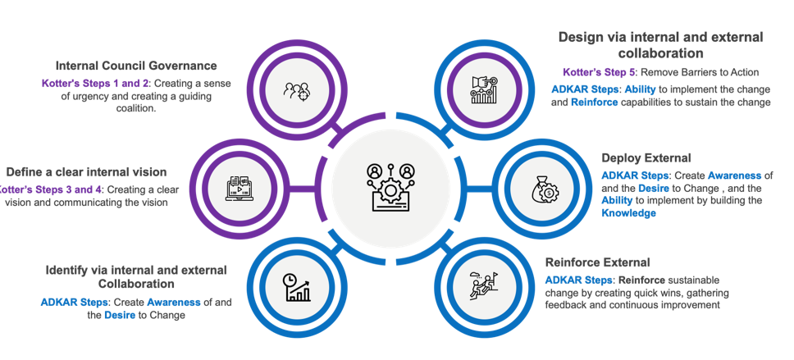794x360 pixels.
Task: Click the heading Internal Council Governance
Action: [x=136, y=65]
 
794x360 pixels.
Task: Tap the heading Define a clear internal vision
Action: [x=86, y=172]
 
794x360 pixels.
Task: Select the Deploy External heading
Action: [x=646, y=157]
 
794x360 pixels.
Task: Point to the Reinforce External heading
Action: [x=597, y=262]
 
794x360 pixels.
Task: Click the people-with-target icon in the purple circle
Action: [x=297, y=90]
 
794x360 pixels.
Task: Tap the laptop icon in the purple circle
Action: [x=240, y=188]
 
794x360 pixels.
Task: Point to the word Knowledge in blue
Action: [x=628, y=213]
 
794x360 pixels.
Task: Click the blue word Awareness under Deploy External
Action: [x=735, y=175]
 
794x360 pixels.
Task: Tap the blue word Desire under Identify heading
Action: [x=121, y=316]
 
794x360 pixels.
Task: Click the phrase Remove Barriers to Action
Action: [x=705, y=72]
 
